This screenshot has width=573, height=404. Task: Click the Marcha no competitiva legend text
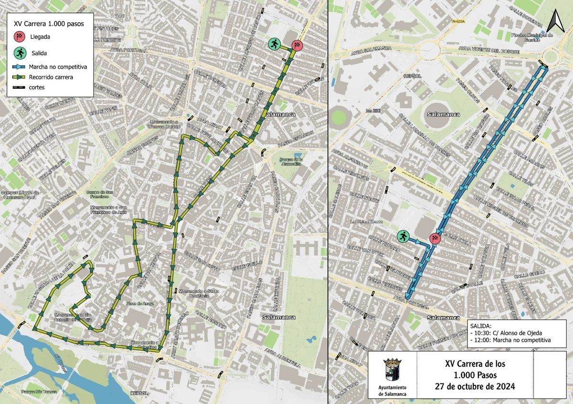tap(57, 67)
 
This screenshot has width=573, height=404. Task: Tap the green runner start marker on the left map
tap(274, 44)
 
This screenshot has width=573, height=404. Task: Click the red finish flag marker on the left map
tap(297, 45)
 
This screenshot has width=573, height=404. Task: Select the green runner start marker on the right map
tap(403, 236)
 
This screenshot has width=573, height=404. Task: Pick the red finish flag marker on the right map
tap(435, 238)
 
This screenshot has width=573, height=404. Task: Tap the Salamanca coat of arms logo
tap(389, 369)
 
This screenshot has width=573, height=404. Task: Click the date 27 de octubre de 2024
tap(475, 387)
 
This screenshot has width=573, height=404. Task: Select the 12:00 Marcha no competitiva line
tap(510, 340)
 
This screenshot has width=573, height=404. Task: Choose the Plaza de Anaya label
tap(137, 303)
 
